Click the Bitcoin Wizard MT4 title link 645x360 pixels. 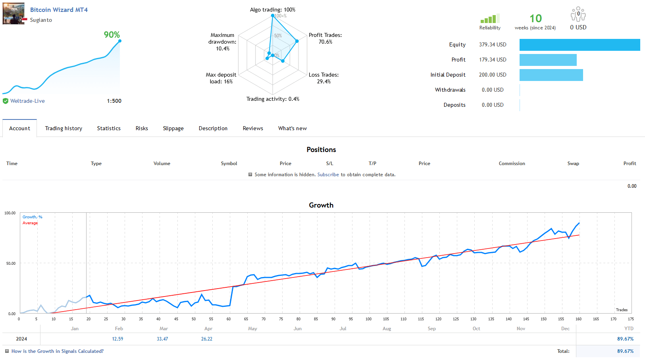coord(59,10)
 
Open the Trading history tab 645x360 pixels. coord(64,128)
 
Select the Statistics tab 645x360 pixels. coord(109,128)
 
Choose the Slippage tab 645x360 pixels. coord(173,128)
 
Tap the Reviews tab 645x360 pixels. coord(253,128)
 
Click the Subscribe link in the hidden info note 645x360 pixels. coord(328,175)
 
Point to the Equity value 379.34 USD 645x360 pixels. coord(493,45)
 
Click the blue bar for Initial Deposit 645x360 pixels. coord(551,75)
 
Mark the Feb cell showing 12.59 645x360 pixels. coord(117,339)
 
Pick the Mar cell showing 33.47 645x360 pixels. coord(162,339)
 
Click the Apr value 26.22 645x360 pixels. coord(207,339)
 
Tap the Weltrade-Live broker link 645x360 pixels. coord(27,101)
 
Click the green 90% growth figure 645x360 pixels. coord(112,35)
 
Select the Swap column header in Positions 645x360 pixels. coord(573,164)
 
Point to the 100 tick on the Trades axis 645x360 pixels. coord(368,319)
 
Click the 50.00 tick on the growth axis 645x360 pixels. coord(11,264)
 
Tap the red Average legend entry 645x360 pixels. coord(30,223)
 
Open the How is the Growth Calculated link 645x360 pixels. coord(57,351)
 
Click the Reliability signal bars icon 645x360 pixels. coord(489,19)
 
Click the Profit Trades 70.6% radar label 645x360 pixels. coord(325,39)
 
